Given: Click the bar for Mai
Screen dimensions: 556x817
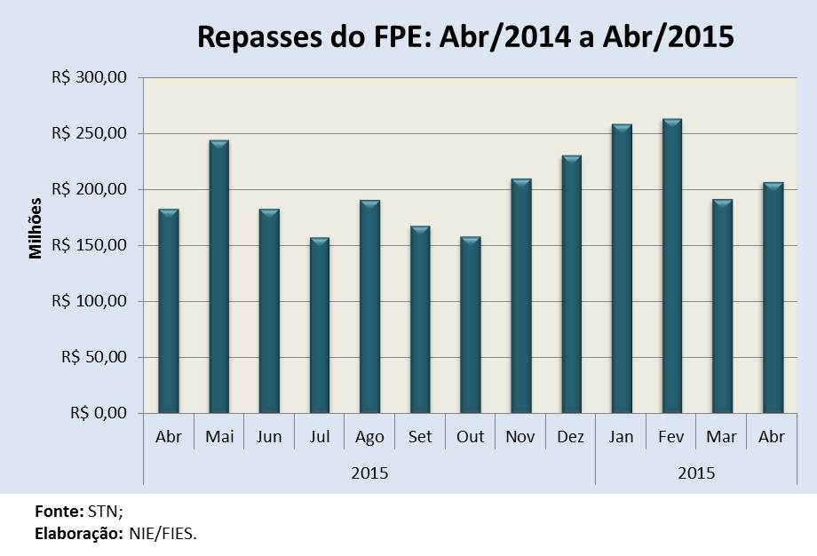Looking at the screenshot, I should [x=218, y=276].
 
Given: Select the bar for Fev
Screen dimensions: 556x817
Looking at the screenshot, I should [x=672, y=266].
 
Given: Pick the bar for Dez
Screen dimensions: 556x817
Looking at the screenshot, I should [x=571, y=284].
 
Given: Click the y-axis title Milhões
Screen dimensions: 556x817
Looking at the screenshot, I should [x=36, y=227].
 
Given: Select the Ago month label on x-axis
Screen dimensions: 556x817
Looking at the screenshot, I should [x=369, y=437].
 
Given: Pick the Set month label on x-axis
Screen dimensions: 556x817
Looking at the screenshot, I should [x=420, y=437].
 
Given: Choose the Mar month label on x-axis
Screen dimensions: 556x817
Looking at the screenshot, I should [x=722, y=437].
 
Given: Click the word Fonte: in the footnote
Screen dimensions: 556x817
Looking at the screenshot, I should [x=59, y=512].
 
